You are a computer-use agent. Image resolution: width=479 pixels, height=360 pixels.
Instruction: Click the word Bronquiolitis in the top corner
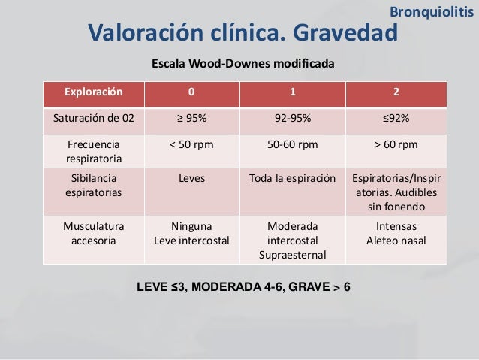(x=432, y=11)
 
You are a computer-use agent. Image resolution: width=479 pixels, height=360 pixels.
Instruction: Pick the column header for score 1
(x=293, y=94)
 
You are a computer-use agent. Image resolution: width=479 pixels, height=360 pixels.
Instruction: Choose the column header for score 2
(x=396, y=94)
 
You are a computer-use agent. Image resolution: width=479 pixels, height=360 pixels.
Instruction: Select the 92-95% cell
(x=293, y=119)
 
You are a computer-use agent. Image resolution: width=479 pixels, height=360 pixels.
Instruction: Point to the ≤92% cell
(x=396, y=119)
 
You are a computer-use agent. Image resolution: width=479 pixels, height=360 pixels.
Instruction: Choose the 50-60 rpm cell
(x=293, y=144)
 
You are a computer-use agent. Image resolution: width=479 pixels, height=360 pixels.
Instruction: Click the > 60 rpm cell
(x=396, y=144)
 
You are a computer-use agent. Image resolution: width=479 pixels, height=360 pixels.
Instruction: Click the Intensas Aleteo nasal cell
(x=396, y=233)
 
